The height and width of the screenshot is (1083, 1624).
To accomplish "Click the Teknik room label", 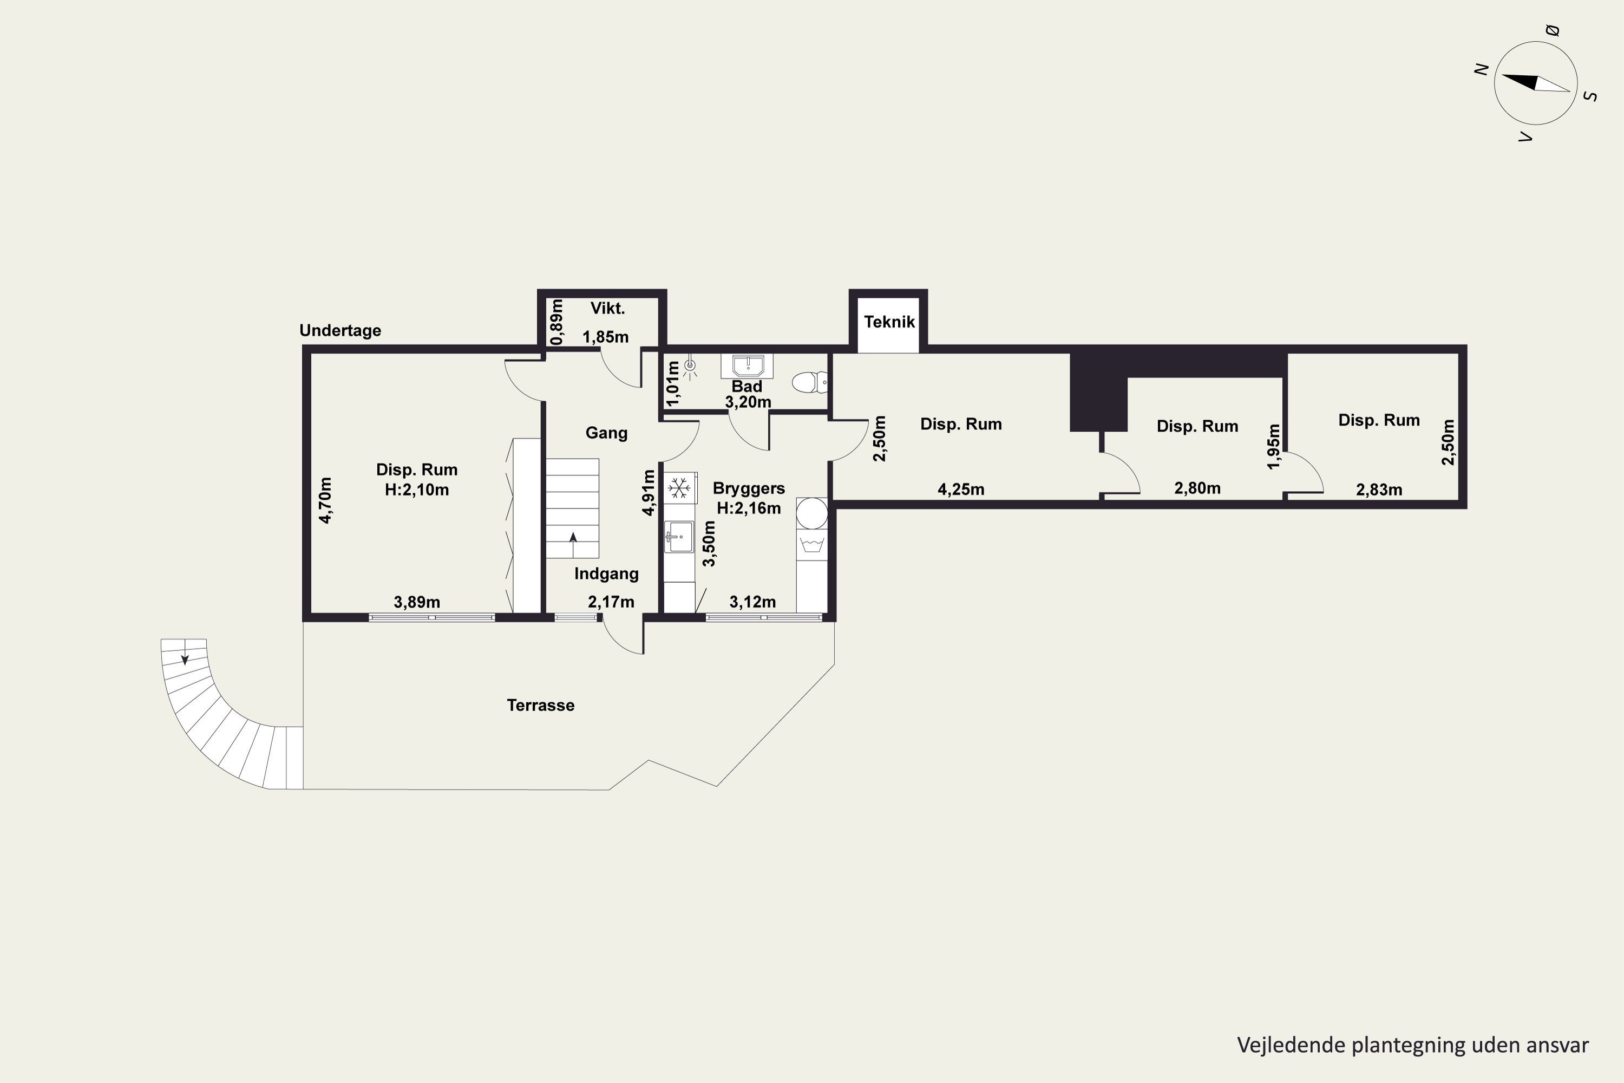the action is click(889, 322).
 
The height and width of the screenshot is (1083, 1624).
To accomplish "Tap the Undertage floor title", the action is click(340, 331).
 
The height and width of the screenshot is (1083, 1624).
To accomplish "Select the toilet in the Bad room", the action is click(809, 382).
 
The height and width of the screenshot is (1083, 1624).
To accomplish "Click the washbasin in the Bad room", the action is click(747, 366).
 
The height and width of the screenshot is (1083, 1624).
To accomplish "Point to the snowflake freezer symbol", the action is click(679, 488).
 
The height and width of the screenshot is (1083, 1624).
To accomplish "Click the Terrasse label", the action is click(541, 705).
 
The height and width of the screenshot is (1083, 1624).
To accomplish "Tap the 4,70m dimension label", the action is click(325, 500).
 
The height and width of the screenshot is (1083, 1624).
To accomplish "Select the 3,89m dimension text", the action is click(417, 602).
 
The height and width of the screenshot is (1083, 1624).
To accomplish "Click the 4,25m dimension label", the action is click(961, 490).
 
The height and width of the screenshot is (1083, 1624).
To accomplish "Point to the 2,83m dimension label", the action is click(1379, 490).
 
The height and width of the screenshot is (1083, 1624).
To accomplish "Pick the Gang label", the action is click(606, 433).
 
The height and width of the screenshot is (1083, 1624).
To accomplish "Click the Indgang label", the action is click(606, 574).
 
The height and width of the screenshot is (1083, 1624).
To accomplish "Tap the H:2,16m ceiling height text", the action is click(749, 508).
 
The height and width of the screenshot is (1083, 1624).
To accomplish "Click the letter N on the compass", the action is click(1481, 69).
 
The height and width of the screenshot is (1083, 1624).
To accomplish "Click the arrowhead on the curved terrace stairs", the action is click(185, 660).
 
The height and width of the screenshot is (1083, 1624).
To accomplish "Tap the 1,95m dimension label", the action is click(1274, 446).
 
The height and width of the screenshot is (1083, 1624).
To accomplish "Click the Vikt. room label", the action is click(607, 309).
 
